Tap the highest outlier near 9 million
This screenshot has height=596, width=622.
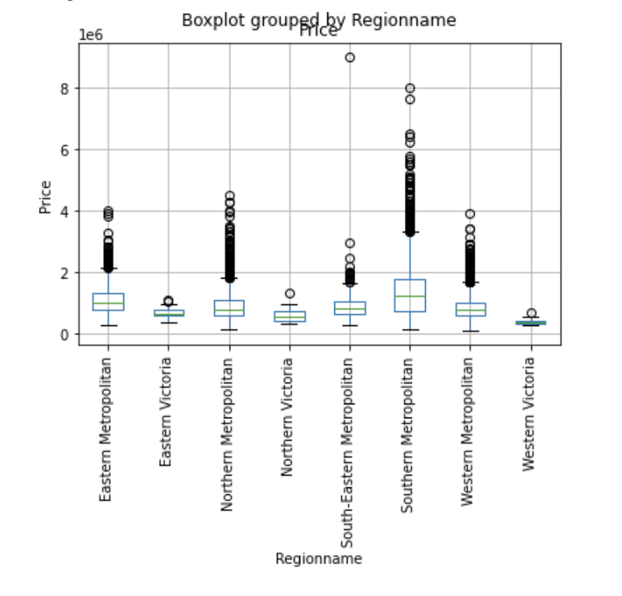(x=350, y=57)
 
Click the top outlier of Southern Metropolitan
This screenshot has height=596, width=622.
(x=410, y=88)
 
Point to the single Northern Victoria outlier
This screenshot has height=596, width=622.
(x=289, y=293)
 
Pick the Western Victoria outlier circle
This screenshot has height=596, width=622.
(x=531, y=314)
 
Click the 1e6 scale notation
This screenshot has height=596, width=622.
(x=91, y=35)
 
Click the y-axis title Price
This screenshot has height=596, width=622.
(x=46, y=197)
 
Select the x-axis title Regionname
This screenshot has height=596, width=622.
(x=319, y=559)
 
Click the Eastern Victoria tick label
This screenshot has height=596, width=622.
(x=167, y=412)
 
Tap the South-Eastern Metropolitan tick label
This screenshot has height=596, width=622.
(x=348, y=451)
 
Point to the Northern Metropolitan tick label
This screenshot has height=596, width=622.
(x=227, y=434)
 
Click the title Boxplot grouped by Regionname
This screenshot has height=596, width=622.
(x=319, y=20)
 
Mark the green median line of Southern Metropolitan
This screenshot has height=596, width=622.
(x=410, y=296)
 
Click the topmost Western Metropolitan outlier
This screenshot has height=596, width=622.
(x=470, y=214)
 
